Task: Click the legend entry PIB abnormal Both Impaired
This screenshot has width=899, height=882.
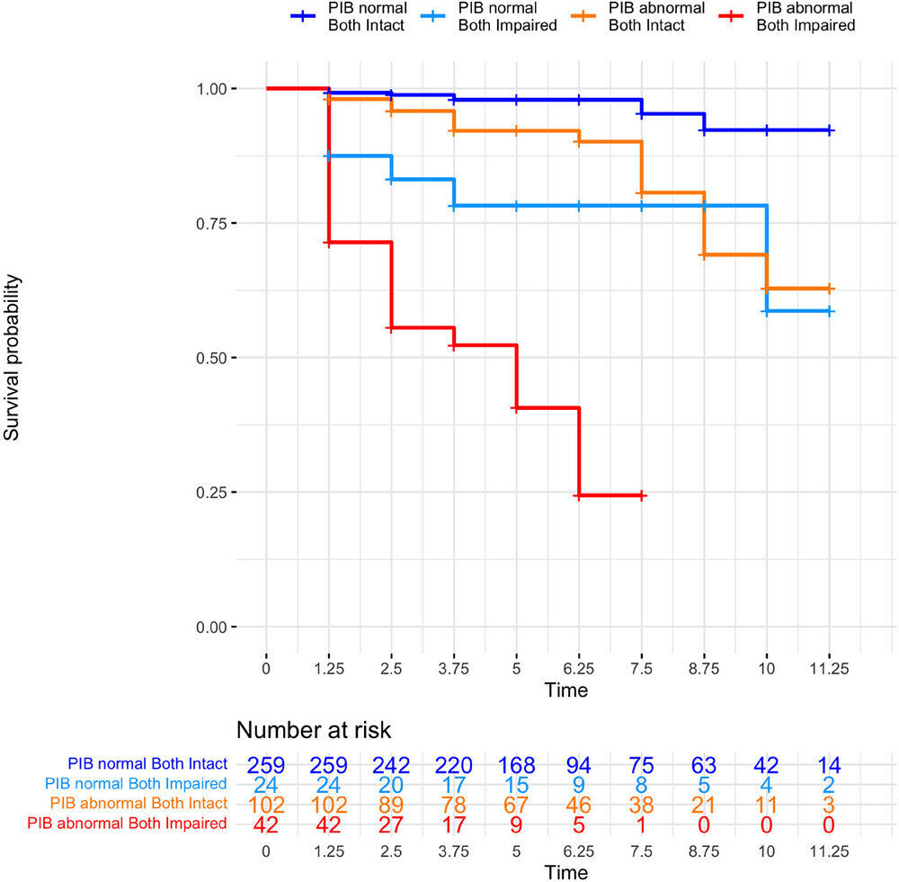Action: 804,17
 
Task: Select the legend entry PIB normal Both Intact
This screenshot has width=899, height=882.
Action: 366,17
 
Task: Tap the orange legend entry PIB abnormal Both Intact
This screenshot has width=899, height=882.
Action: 655,17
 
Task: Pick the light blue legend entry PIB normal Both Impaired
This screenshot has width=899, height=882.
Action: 507,17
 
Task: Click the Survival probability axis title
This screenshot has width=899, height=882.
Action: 13,357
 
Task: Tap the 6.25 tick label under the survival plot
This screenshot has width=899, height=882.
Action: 578,669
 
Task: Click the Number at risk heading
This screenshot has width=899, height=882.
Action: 314,729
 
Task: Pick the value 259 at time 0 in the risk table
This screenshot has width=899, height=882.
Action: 266,765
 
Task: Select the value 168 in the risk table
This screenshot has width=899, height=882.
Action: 516,765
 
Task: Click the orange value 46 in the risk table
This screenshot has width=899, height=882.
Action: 578,803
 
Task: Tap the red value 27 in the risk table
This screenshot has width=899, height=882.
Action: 391,822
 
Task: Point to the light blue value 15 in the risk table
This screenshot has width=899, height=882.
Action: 516,784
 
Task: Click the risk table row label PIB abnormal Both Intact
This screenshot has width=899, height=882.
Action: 138,803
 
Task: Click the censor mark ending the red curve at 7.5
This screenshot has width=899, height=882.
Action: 641,495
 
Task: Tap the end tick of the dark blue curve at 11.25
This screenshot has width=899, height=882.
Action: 829,130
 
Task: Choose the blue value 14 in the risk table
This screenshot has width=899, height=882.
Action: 829,765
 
